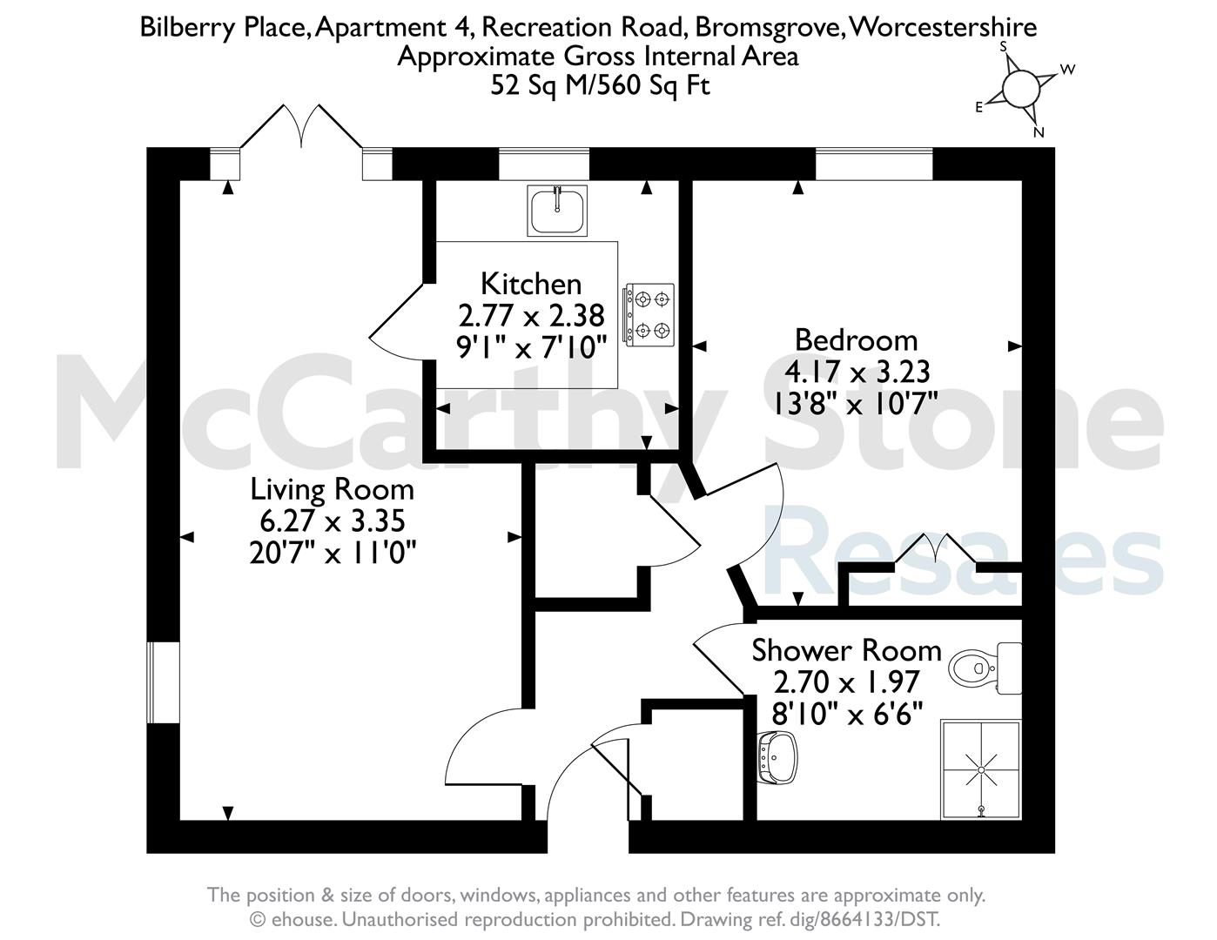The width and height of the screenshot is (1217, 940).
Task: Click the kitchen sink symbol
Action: [556, 211]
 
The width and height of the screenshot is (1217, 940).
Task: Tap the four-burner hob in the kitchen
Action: [649, 315]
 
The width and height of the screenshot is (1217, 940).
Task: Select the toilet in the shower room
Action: [985, 668]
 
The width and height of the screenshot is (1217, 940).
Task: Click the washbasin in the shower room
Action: [778, 757]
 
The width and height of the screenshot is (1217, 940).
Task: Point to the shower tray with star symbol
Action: [981, 769]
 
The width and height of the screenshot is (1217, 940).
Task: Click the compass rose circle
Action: [1020, 89]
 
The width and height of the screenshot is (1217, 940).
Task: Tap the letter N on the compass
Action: [1039, 132]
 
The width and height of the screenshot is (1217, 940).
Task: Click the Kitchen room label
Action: [531, 284]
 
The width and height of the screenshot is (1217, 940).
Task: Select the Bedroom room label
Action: [857, 339]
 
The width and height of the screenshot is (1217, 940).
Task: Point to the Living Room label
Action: [333, 489]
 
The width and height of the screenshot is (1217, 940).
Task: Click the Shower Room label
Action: [846, 650]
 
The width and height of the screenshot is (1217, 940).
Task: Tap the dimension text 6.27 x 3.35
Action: [333, 521]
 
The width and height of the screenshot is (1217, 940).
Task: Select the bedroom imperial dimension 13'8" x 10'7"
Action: [856, 403]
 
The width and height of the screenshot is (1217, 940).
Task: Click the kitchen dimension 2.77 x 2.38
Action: [532, 316]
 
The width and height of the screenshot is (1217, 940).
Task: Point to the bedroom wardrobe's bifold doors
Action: [936, 551]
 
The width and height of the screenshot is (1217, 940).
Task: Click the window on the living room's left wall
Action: [164, 682]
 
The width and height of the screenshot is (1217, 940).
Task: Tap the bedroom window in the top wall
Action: [874, 164]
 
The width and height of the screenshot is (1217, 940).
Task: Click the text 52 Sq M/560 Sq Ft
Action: [601, 85]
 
